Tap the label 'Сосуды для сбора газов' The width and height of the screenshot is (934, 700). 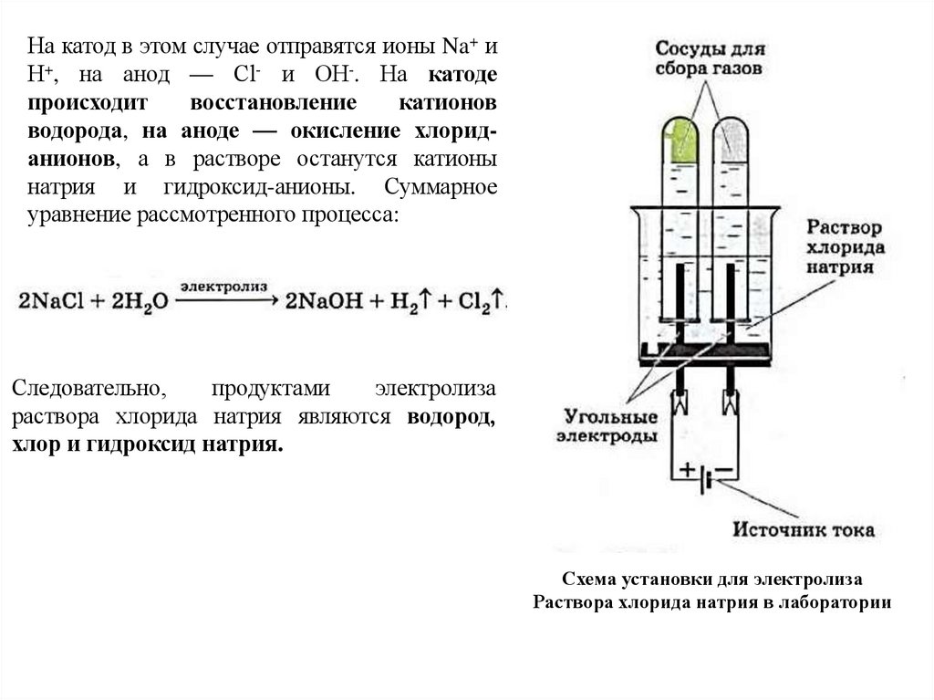(708, 57)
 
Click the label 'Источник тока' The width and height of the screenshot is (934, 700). (804, 529)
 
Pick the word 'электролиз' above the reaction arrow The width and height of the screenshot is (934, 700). (223, 286)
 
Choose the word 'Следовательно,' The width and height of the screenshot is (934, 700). (89, 388)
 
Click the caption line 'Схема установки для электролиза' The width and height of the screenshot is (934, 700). (711, 580)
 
